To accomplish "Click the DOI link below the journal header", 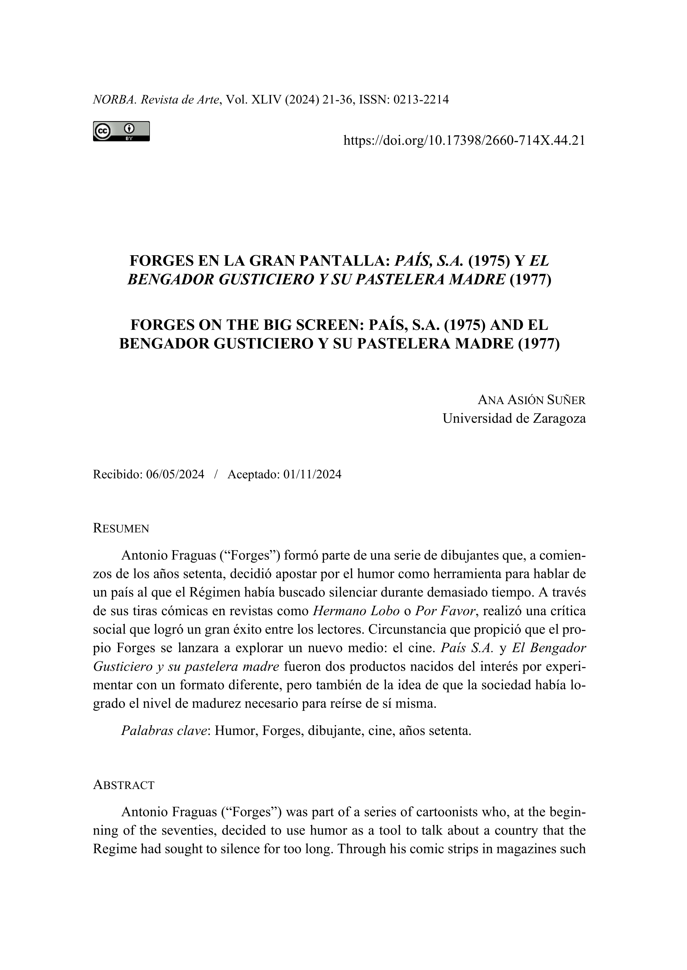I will pos(464,140).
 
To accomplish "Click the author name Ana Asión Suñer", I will pos(532,399).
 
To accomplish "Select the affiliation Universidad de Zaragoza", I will pos(514,418).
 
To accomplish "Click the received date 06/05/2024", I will pos(175,475).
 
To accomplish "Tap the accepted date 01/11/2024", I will pos(312,475).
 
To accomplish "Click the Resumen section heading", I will pos(121,528).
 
